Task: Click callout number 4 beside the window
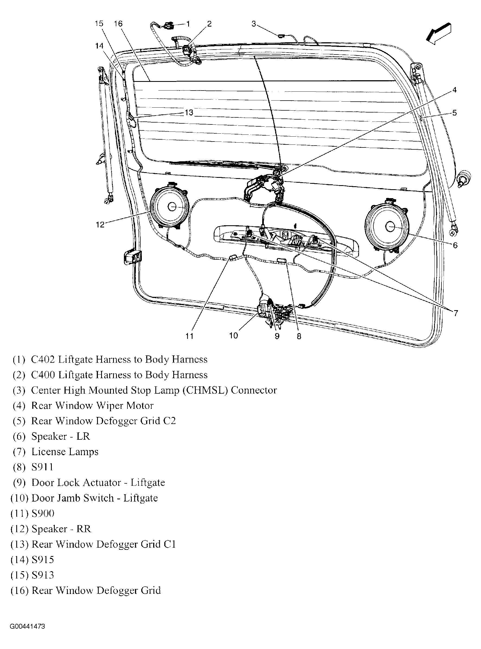click(x=454, y=90)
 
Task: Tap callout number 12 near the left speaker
click(x=100, y=224)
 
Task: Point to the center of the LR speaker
click(x=390, y=226)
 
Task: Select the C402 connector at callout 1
click(x=168, y=26)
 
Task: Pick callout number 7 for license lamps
click(x=456, y=313)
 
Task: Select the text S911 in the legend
click(x=42, y=467)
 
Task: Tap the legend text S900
click(x=43, y=513)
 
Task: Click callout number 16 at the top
click(x=118, y=24)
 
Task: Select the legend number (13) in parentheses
click(x=20, y=544)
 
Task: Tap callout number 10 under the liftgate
click(x=233, y=336)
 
